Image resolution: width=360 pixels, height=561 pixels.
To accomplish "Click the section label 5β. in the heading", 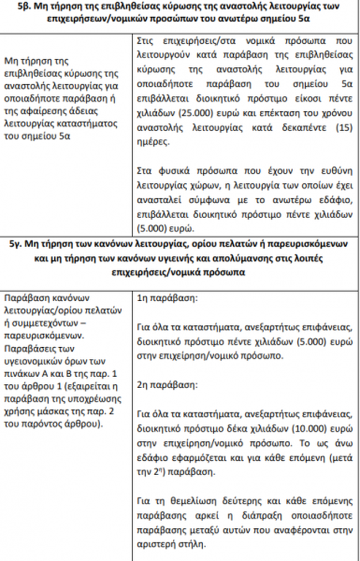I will (32, 6).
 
